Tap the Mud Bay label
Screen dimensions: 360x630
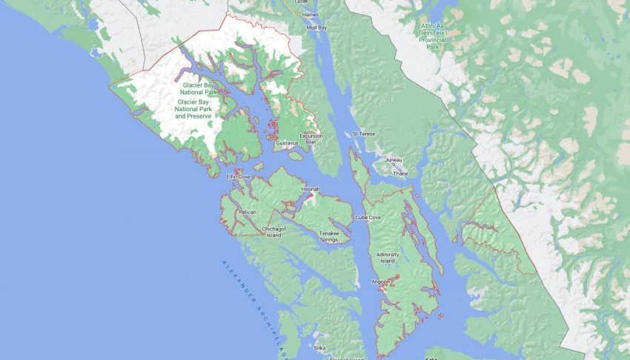317,27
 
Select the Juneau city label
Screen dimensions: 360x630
394,159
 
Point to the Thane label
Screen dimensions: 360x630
400,174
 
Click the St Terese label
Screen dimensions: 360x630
364,133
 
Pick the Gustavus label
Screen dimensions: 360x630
287,143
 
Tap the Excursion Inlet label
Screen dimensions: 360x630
311,139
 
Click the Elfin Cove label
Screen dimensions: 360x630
239,177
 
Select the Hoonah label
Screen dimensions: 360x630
311,190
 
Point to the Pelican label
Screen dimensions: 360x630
247,213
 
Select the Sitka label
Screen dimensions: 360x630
319,347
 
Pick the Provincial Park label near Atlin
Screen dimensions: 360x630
436,34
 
